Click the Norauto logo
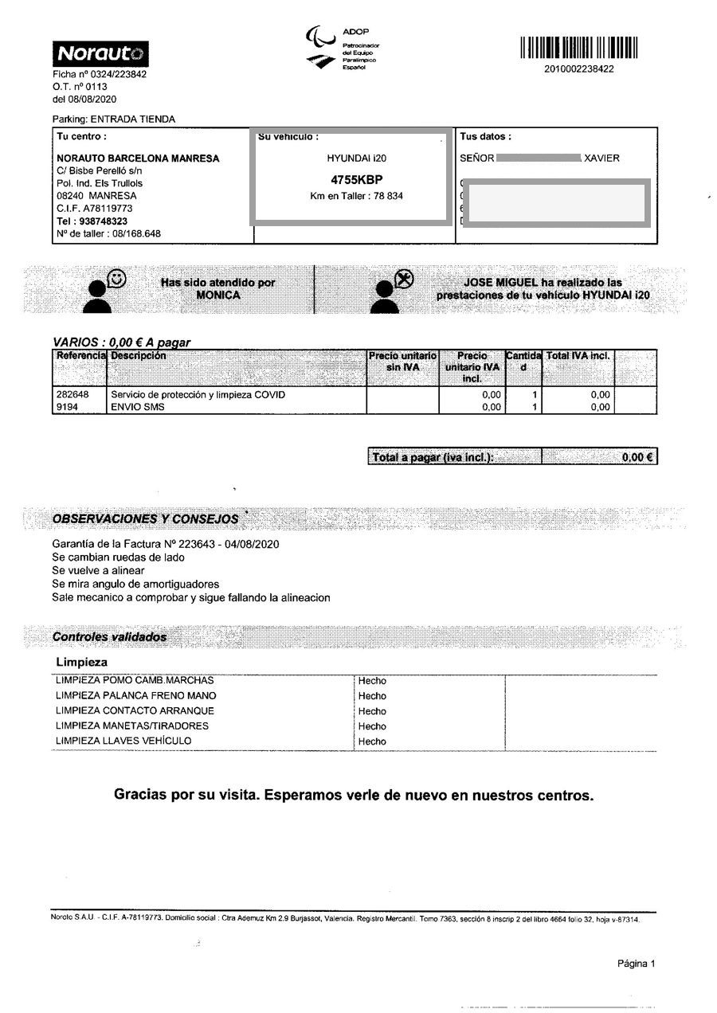point(100,54)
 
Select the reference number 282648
point(72,394)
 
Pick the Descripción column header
point(139,356)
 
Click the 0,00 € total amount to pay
point(637,457)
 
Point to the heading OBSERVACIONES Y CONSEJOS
point(145,518)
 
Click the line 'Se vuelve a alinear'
point(98,571)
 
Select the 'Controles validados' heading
point(109,637)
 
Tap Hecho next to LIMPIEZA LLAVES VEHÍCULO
point(372,741)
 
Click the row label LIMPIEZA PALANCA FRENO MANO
point(135,696)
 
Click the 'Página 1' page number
point(636,964)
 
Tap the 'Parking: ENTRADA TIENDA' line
point(114,119)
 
